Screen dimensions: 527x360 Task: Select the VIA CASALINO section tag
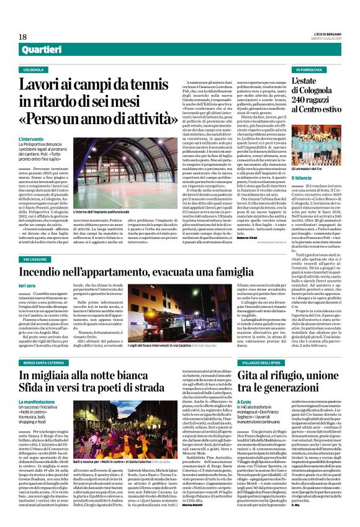35,258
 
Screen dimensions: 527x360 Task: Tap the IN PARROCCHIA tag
310,70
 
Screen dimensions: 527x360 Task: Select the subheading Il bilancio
304,178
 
